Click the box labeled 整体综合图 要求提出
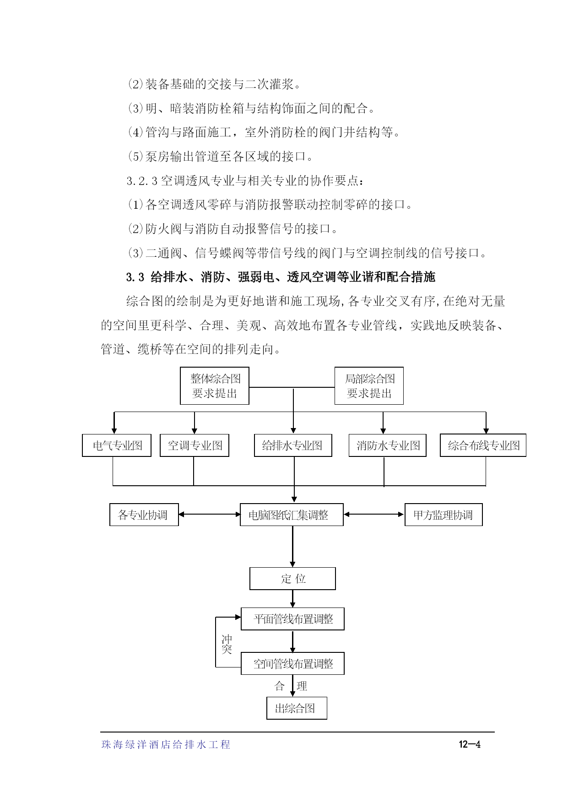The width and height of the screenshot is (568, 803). click(215, 386)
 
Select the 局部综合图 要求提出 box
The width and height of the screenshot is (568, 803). click(369, 386)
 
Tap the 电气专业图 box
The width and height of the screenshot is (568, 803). click(117, 445)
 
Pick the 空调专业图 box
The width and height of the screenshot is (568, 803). click(195, 445)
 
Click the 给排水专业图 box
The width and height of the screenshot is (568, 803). click(293, 445)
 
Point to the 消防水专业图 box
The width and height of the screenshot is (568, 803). click(388, 445)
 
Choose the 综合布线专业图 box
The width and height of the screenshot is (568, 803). click(483, 445)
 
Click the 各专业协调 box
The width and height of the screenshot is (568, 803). click(144, 515)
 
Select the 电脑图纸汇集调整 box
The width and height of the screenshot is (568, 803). click(292, 515)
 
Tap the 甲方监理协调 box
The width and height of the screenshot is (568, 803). click(444, 515)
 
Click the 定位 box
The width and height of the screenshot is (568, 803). click(292, 579)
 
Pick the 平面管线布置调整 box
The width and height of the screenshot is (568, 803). click(292, 619)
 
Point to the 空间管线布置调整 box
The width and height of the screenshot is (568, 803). click(292, 663)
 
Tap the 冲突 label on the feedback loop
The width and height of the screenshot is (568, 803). click(227, 644)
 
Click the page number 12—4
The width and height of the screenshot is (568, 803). click(470, 744)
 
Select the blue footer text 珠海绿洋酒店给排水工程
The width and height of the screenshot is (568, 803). click(166, 745)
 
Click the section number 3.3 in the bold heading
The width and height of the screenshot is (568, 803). click(135, 277)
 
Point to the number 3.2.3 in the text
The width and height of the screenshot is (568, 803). click(142, 181)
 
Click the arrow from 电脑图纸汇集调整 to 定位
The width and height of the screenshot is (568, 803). click(292, 547)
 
